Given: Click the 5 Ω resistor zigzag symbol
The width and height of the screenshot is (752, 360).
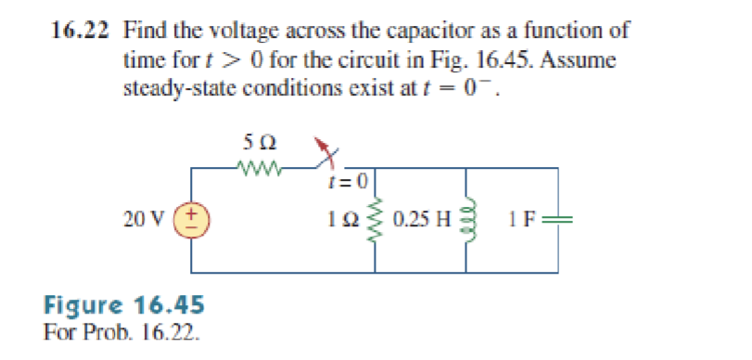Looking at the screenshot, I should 261,168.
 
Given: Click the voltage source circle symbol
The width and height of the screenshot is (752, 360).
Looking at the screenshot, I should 193,221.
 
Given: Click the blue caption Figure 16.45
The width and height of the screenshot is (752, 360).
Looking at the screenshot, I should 124,304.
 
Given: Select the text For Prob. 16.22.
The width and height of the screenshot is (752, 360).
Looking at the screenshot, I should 121,329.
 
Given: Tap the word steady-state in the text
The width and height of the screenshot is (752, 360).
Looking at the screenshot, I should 176,91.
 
